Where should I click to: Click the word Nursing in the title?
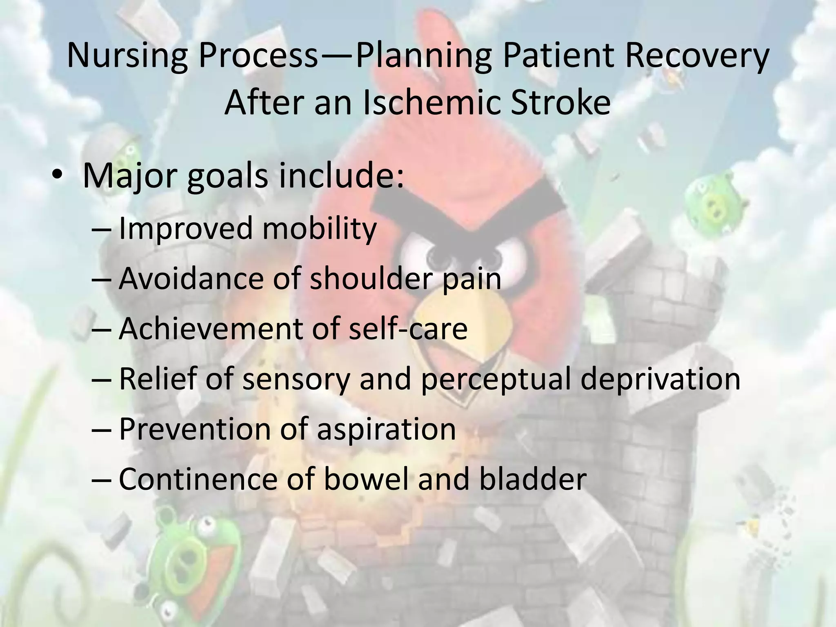(x=127, y=56)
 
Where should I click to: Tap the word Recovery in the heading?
(x=696, y=56)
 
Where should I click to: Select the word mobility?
(x=319, y=229)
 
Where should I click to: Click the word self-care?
(x=408, y=329)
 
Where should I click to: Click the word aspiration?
(x=386, y=429)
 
